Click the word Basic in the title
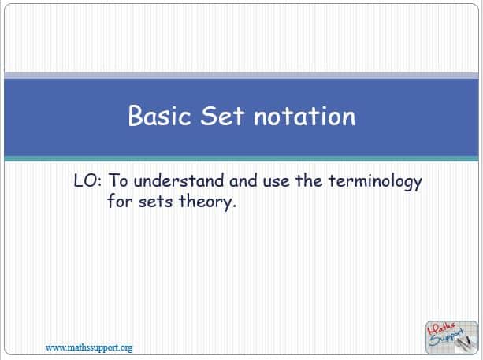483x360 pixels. (160, 115)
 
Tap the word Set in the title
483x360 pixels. (222, 116)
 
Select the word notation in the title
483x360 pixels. (304, 116)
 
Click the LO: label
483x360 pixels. (87, 180)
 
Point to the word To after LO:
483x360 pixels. (118, 180)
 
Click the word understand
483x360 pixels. (179, 180)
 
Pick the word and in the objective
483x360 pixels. (243, 180)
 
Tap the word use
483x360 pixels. (277, 182)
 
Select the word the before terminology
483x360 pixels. (310, 180)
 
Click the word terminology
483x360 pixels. (375, 182)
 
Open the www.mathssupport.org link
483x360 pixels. (89, 347)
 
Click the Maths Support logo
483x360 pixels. (451, 337)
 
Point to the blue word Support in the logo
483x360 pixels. (447, 338)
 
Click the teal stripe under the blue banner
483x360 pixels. (241, 159)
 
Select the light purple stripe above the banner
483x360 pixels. (241, 76)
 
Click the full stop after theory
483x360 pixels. (234, 207)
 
